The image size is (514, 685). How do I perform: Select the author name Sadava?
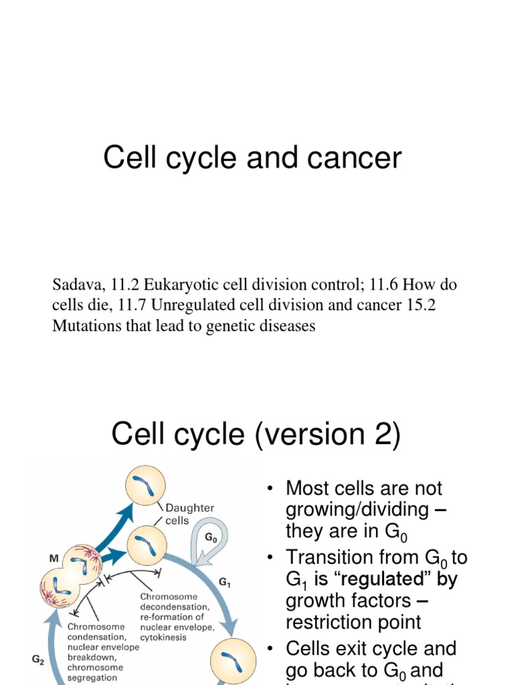coord(74,285)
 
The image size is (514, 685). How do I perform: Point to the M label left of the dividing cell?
coord(54,557)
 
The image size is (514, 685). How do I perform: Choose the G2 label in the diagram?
coord(39,658)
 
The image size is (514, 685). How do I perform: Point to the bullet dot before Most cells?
coord(270,489)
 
